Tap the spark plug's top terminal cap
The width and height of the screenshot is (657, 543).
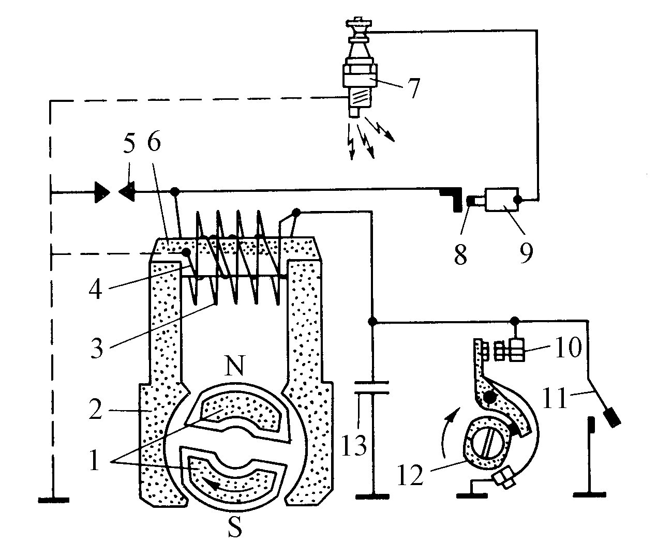(358, 23)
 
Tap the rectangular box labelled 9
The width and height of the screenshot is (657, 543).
(502, 199)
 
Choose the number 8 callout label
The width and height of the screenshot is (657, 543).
(460, 254)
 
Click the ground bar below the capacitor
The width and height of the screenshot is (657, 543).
(372, 497)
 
